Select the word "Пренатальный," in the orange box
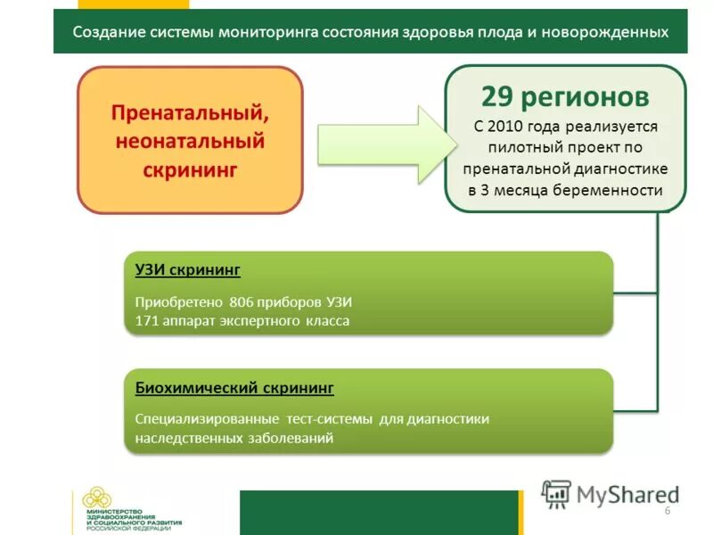click(x=190, y=113)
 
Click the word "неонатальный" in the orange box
click(x=190, y=141)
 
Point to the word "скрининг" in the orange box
click(x=190, y=169)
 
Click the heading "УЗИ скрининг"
click(x=187, y=269)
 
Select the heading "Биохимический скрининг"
click(x=234, y=388)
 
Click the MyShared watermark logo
click(x=611, y=493)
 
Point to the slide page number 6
click(x=667, y=508)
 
